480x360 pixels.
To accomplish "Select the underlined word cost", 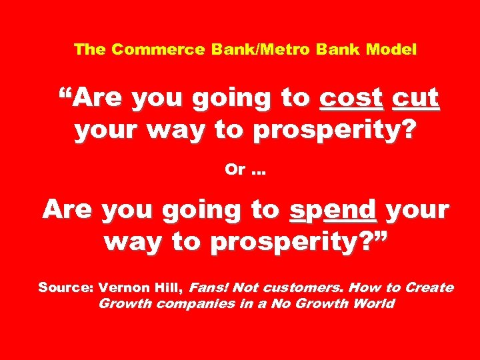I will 352,99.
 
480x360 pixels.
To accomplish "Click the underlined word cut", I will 416,99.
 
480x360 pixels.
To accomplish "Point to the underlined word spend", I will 333,211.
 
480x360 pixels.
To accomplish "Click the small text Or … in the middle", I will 245,170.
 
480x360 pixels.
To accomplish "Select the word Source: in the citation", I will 65,288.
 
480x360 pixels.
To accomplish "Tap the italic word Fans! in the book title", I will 209,288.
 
